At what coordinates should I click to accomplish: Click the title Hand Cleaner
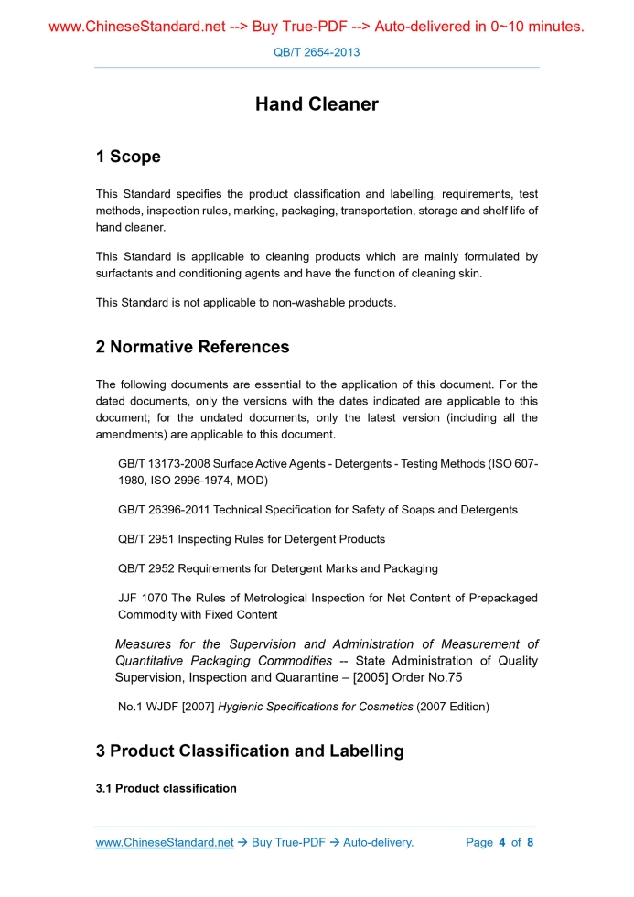click(x=317, y=104)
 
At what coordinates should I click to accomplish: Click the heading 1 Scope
click(x=128, y=157)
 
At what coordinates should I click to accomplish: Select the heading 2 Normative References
click(x=192, y=347)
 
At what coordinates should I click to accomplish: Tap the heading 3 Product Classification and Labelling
click(x=250, y=751)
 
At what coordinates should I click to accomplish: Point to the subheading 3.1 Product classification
click(x=166, y=788)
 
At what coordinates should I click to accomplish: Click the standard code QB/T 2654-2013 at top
click(x=317, y=52)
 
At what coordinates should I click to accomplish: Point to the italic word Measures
click(x=146, y=644)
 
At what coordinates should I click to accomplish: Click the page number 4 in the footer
click(x=501, y=842)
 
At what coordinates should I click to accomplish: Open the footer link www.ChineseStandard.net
click(x=165, y=842)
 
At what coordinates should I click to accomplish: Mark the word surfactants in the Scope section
click(x=124, y=273)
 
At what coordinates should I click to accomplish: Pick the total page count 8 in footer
click(x=530, y=842)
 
